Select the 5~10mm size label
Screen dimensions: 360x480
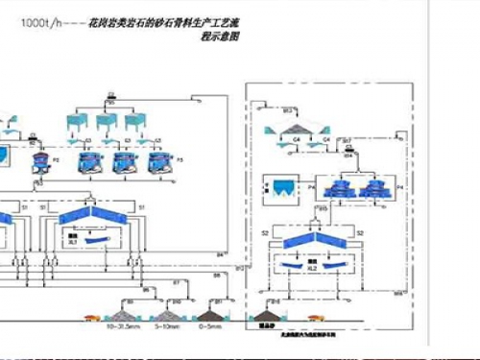coord(167,327)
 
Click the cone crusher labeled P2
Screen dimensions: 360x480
coord(42,158)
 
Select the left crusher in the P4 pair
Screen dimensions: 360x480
coord(338,188)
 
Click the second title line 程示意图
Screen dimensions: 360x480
coord(220,36)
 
